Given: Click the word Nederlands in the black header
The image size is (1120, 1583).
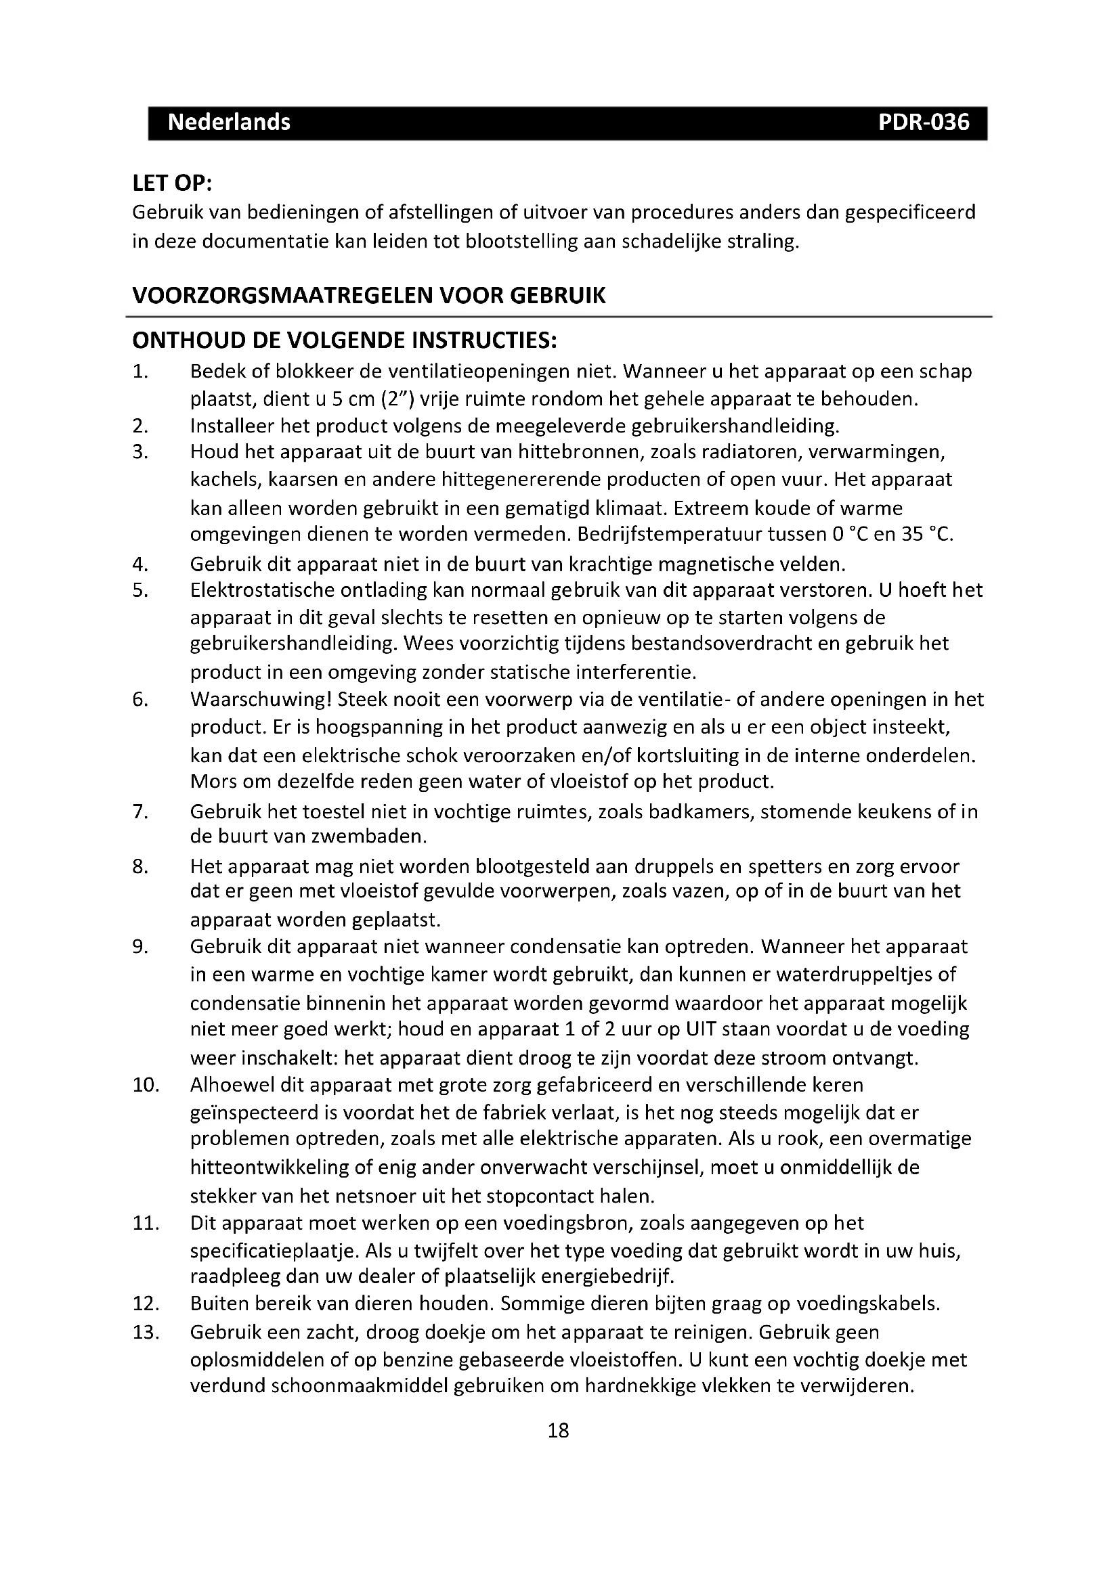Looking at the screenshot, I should click(x=229, y=122).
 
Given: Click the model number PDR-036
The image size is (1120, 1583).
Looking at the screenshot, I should click(x=924, y=122).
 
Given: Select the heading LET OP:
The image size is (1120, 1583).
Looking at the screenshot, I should click(x=172, y=184).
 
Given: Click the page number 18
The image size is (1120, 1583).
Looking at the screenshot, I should click(x=558, y=1431).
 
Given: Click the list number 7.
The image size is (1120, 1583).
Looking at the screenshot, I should click(x=140, y=812).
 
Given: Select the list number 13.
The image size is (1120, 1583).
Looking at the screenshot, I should click(x=146, y=1332).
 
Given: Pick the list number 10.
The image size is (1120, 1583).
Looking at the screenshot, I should click(x=146, y=1085).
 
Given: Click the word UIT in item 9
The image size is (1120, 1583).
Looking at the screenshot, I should click(x=702, y=1030).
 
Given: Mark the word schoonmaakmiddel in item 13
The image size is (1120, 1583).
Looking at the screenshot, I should click(x=359, y=1386).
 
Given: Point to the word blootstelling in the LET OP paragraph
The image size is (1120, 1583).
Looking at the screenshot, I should click(x=521, y=242).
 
